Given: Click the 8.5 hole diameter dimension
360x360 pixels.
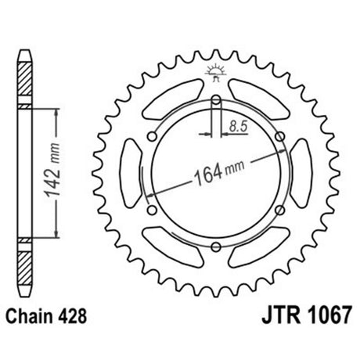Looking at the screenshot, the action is point(238,126).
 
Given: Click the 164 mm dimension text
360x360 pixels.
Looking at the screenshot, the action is point(219,173).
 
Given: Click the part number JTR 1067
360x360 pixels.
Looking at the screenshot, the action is point(307,315).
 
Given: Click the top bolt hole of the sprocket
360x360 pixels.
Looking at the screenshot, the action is point(216,99).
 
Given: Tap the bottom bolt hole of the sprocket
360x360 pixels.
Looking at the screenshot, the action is point(216,247).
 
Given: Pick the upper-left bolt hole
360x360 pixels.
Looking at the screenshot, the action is point(152,136).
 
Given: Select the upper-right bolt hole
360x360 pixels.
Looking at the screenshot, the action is point(280,136).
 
